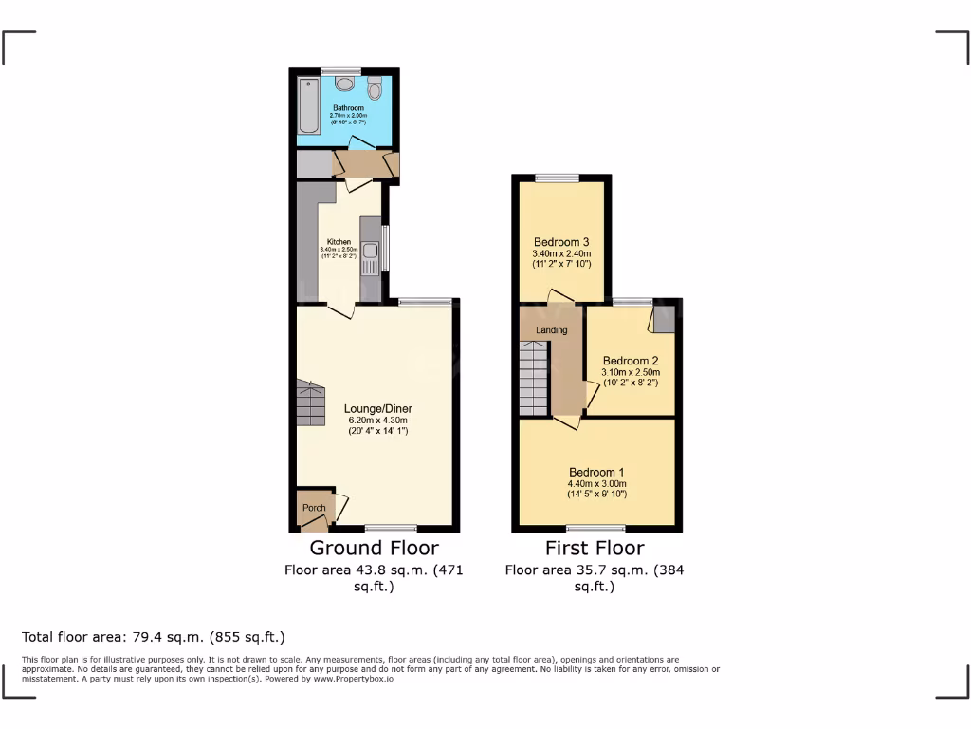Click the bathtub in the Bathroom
pyautogui.click(x=306, y=106)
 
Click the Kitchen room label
pyautogui.click(x=339, y=241)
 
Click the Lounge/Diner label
pyautogui.click(x=378, y=409)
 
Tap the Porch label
pyautogui.click(x=314, y=508)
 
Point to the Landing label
pyautogui.click(x=552, y=330)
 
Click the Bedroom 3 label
pyautogui.click(x=562, y=241)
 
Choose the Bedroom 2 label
pyautogui.click(x=631, y=361)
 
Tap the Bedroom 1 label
pyautogui.click(x=596, y=472)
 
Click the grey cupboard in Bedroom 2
pyautogui.click(x=664, y=317)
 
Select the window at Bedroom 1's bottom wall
pyautogui.click(x=595, y=528)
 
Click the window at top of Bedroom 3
pyautogui.click(x=557, y=177)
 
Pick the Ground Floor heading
pyautogui.click(x=375, y=548)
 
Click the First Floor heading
pyautogui.click(x=595, y=548)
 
